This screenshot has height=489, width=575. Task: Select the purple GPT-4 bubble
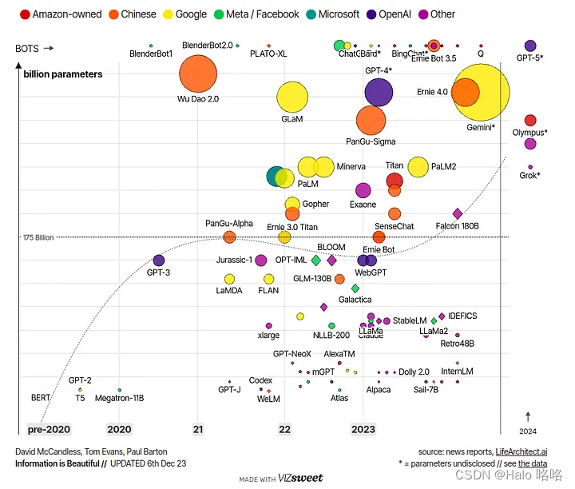(379, 92)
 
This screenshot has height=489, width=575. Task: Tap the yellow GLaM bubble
(292, 97)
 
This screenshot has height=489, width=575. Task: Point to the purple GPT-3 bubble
(158, 260)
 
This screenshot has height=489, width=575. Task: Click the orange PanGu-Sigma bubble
(371, 120)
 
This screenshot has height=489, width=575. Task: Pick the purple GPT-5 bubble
(530, 46)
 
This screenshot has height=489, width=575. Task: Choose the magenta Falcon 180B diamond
(458, 213)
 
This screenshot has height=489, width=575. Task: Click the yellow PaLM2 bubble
(418, 166)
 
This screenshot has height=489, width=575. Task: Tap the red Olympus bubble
(530, 120)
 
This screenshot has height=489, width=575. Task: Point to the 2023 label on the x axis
(363, 429)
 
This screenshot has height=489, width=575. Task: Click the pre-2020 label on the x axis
(49, 429)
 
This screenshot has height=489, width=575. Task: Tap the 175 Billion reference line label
(38, 237)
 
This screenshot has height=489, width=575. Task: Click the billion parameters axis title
(63, 74)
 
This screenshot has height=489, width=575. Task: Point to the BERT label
(40, 397)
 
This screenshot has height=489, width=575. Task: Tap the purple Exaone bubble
(363, 190)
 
